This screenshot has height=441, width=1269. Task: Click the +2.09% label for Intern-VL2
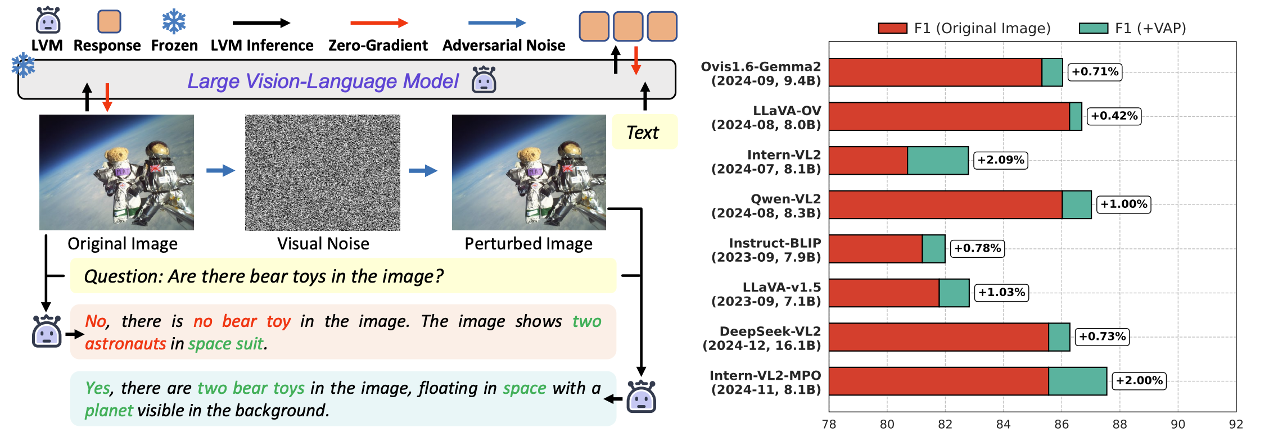click(x=1001, y=160)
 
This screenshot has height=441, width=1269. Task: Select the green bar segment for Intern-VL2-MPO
click(x=1077, y=381)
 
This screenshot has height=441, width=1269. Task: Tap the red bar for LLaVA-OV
click(x=949, y=116)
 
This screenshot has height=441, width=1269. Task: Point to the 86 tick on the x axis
click(x=1062, y=425)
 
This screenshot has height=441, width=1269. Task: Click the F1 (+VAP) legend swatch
click(x=1093, y=28)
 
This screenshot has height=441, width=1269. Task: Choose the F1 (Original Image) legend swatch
click(x=892, y=28)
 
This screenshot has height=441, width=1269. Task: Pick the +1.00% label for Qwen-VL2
click(x=1123, y=204)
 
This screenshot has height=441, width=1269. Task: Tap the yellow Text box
click(x=644, y=133)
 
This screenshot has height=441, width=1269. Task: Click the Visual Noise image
click(x=323, y=172)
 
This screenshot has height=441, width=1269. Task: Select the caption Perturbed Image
click(x=529, y=244)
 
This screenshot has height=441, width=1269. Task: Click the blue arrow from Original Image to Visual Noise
click(x=220, y=171)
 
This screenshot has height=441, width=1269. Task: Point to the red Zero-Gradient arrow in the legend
click(x=379, y=23)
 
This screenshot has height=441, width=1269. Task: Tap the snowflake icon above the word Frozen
click(x=174, y=21)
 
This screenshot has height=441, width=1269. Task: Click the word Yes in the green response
click(x=98, y=388)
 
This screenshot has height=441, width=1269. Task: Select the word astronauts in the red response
click(x=125, y=344)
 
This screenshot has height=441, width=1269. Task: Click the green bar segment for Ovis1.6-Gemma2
click(x=1052, y=72)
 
